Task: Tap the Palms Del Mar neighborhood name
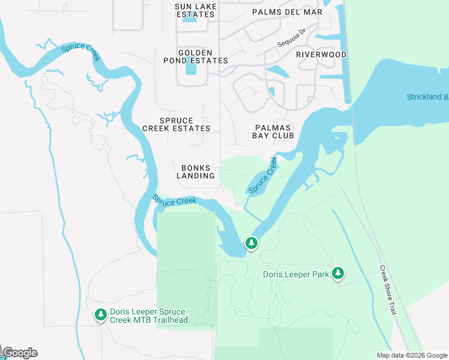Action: click(x=287, y=12)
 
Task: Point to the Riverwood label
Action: click(x=321, y=55)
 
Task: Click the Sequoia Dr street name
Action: click(x=292, y=41)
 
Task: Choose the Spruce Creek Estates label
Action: click(x=176, y=124)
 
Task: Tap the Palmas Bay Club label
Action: click(x=274, y=131)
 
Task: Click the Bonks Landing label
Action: click(x=196, y=172)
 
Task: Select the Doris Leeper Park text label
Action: click(x=296, y=275)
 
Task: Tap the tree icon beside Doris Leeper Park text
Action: click(x=338, y=273)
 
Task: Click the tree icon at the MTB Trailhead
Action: click(x=101, y=314)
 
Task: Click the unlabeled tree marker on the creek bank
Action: click(x=251, y=244)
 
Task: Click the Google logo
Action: click(x=20, y=353)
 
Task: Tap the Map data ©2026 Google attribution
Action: click(x=412, y=355)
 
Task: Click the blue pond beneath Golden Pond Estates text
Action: click(x=191, y=71)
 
